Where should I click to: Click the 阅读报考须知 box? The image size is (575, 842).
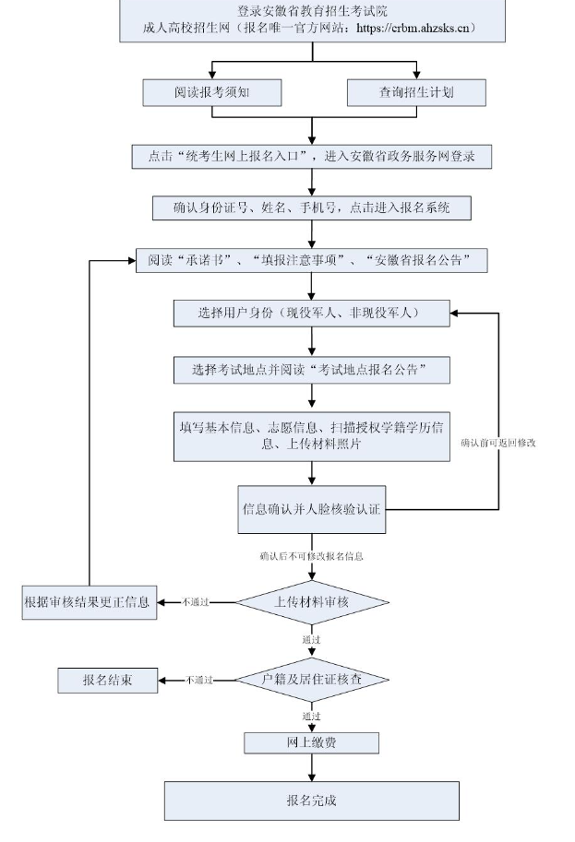(x=212, y=92)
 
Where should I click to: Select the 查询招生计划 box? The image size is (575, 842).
(x=416, y=92)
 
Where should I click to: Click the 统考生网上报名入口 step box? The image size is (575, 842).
(x=311, y=156)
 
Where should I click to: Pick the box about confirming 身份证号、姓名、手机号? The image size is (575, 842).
(x=311, y=208)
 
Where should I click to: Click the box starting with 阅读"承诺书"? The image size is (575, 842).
(x=311, y=261)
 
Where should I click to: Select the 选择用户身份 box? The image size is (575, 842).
(x=311, y=314)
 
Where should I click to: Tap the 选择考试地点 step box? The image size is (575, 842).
(x=311, y=370)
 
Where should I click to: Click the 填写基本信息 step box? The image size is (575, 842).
(x=311, y=434)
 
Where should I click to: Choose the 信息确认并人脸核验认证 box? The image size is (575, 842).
(x=311, y=509)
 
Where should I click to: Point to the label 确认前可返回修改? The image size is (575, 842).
(x=499, y=443)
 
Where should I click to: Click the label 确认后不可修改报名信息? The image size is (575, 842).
(x=311, y=556)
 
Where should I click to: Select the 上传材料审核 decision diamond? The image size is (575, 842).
(x=311, y=602)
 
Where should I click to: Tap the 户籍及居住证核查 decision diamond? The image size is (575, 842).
(x=311, y=680)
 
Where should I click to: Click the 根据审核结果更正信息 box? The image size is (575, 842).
(x=90, y=602)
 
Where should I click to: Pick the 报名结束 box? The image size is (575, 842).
(x=107, y=680)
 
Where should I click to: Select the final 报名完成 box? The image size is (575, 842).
(x=311, y=800)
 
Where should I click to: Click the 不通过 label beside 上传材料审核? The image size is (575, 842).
(x=196, y=602)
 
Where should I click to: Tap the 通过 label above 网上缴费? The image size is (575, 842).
(x=311, y=716)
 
